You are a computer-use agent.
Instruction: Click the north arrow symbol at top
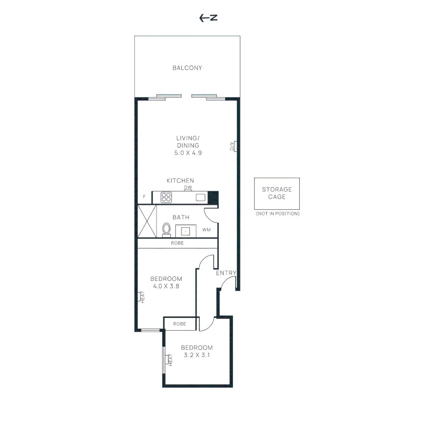209,18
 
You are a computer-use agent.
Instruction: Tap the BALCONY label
187,68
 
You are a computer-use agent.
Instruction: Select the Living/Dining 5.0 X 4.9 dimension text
188,153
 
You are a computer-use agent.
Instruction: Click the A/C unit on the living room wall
234,146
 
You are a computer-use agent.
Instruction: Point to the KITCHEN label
180,181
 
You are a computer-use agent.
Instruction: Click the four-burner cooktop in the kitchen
166,197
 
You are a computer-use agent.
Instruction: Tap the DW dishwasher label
188,187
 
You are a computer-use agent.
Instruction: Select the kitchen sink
201,197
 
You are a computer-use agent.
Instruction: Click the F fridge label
144,196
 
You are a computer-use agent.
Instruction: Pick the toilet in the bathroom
166,230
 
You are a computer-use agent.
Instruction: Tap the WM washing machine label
206,230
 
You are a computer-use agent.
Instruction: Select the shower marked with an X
147,221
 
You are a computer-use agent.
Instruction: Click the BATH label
181,217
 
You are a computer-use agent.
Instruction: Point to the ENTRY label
226,273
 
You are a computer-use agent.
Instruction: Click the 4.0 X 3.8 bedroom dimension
166,286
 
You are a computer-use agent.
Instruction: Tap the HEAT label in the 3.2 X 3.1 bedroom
171,360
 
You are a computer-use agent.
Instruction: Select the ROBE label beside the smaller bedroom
179,324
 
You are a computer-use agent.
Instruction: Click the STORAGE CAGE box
277,193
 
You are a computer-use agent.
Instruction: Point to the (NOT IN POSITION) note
277,213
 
